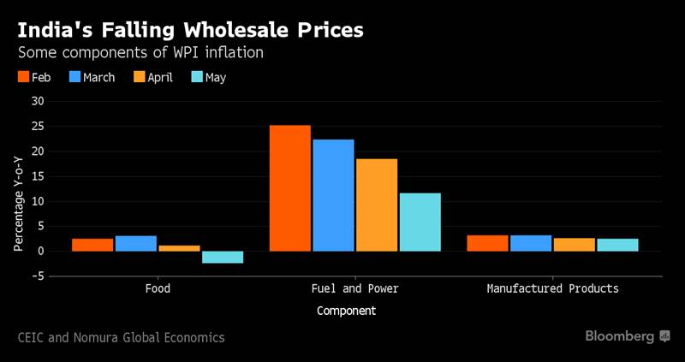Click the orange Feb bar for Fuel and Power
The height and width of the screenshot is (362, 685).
click(290, 188)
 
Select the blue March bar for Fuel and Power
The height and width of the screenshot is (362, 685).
click(333, 195)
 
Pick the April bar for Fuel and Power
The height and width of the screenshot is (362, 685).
click(377, 205)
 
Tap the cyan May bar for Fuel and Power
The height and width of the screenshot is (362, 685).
click(420, 223)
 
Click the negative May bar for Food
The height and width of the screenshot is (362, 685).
click(222, 258)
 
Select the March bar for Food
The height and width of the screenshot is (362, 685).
click(135, 244)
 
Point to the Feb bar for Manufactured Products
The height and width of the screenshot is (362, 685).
click(487, 243)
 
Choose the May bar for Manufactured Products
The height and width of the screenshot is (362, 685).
click(617, 245)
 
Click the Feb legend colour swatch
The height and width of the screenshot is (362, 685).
click(24, 77)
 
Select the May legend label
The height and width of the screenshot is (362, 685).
click(215, 77)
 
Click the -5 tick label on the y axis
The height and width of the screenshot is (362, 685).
click(39, 276)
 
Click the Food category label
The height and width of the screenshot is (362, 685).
click(158, 289)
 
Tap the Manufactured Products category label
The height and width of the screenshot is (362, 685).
click(552, 289)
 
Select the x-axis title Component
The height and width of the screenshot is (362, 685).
click(346, 312)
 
